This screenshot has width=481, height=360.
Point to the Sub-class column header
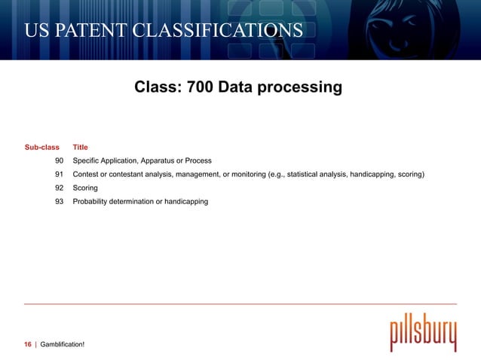pos(42,148)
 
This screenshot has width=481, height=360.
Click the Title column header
pos(80,148)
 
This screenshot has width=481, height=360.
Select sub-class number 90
pos(59,161)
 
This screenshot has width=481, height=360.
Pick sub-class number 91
pos(59,175)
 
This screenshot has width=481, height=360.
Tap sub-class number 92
pos(59,188)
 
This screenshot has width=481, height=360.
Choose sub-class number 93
pos(59,202)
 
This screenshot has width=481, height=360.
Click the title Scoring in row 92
pos(85,188)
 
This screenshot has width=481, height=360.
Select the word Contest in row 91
pos(86,175)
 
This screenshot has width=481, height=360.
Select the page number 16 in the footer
pos(28,344)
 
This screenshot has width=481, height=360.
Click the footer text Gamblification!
pos(63,344)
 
